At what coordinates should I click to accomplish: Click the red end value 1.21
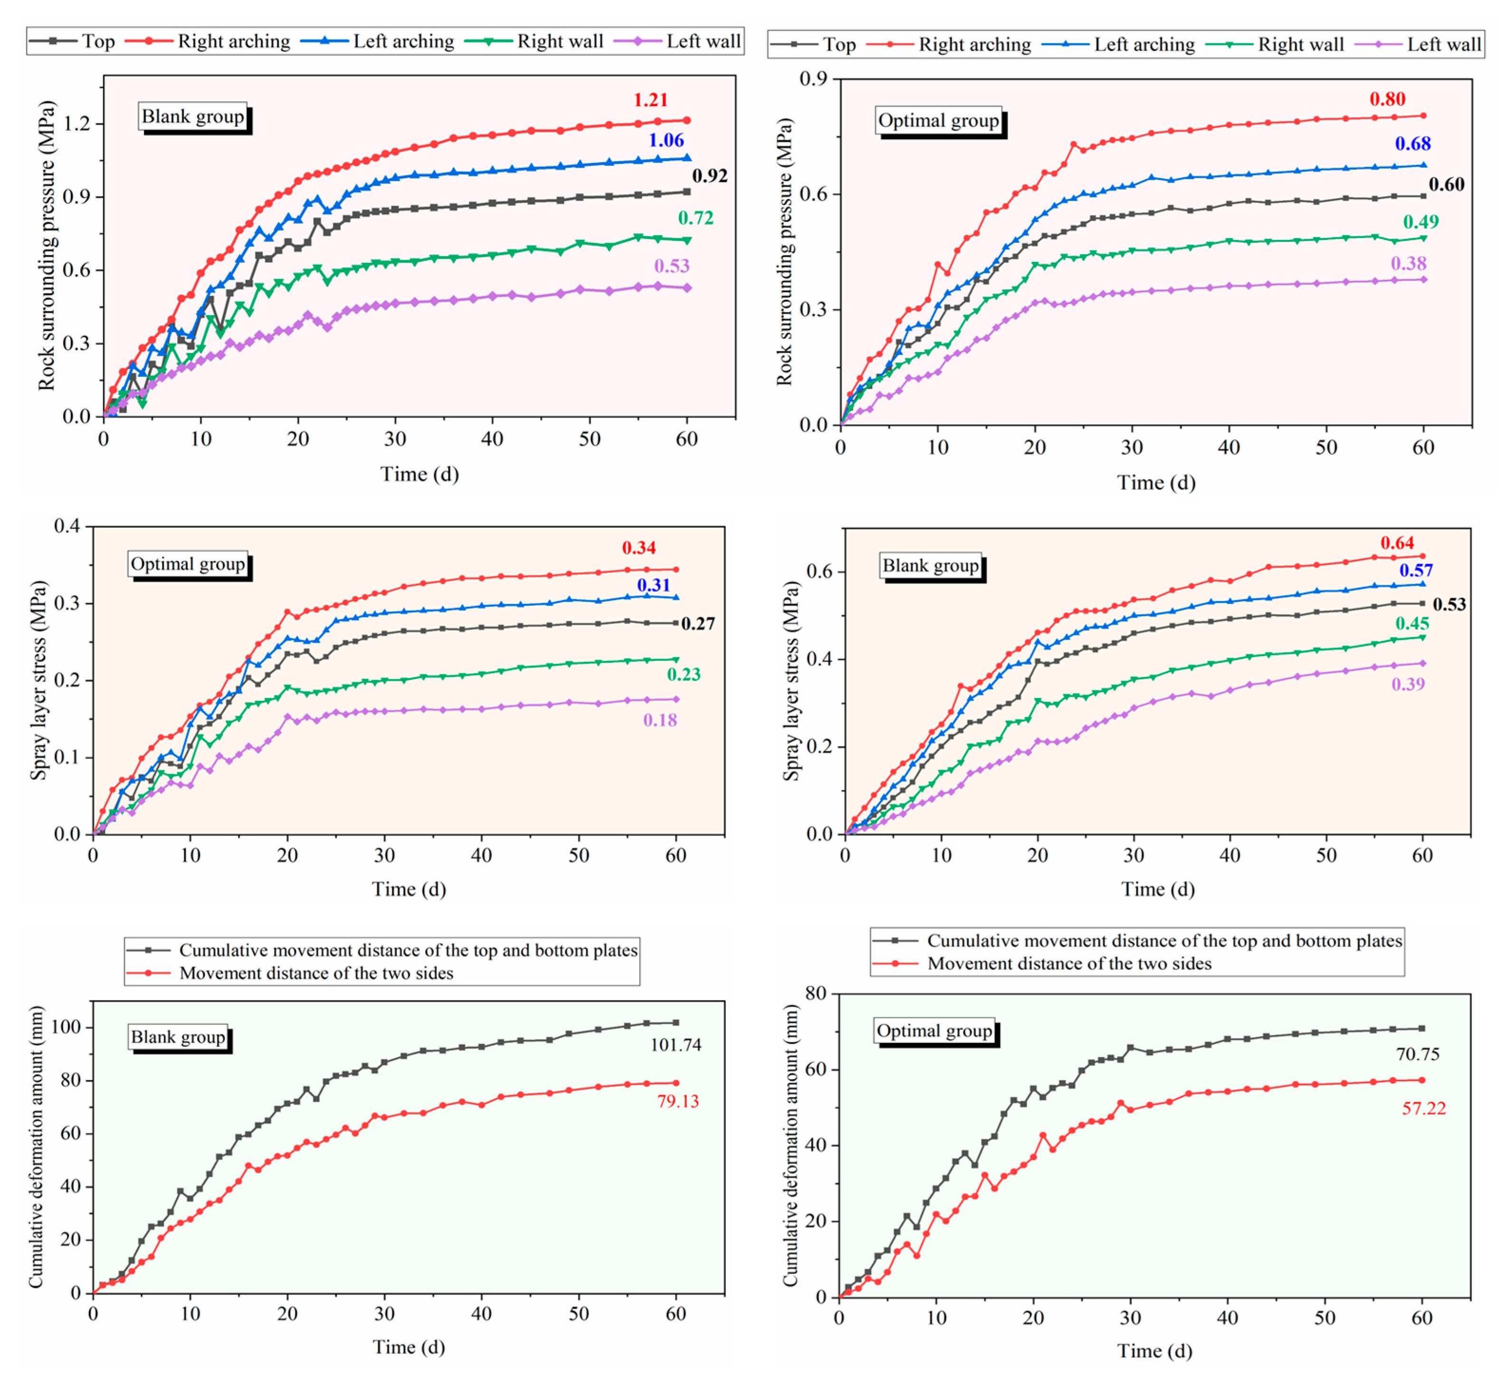pos(650,100)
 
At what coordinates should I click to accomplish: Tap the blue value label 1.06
pos(666,140)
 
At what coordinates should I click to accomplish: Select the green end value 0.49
pos(1421,221)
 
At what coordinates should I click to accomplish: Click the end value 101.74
pos(675,1045)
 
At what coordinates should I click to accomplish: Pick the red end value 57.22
pos(1424,1108)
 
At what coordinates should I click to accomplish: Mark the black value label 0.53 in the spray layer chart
pos(1449,604)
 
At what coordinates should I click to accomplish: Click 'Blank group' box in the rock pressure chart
pos(193,117)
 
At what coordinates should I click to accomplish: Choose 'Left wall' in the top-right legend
pos(1444,45)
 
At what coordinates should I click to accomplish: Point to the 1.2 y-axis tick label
pos(77,124)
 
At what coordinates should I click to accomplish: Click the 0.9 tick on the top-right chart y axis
pos(814,79)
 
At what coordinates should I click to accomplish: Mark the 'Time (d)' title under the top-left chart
pos(420,475)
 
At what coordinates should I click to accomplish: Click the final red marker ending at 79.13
pos(676,1083)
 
